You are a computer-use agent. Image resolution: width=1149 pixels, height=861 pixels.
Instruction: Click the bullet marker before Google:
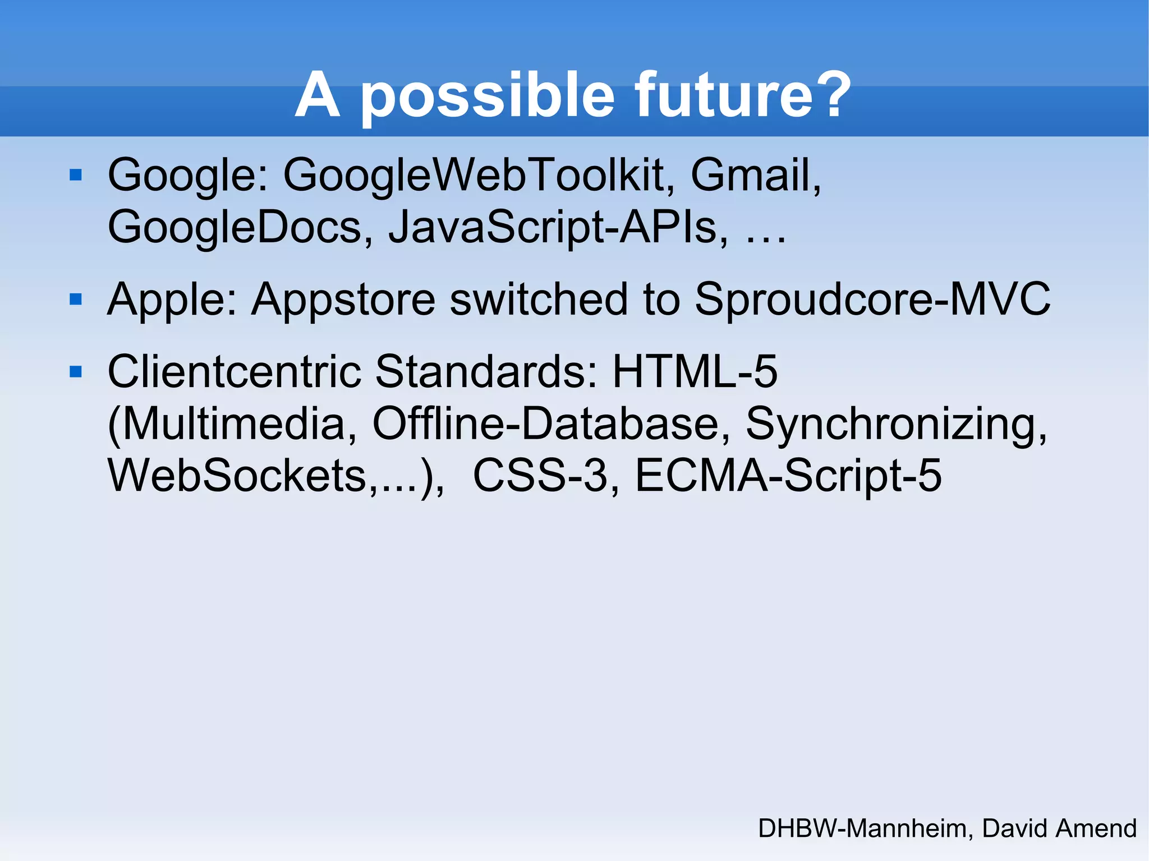(76, 175)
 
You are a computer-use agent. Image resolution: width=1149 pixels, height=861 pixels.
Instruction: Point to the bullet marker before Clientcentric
(76, 371)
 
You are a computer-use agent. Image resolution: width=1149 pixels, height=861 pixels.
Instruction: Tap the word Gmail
(755, 176)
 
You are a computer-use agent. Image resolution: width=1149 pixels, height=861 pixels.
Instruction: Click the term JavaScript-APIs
(558, 228)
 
